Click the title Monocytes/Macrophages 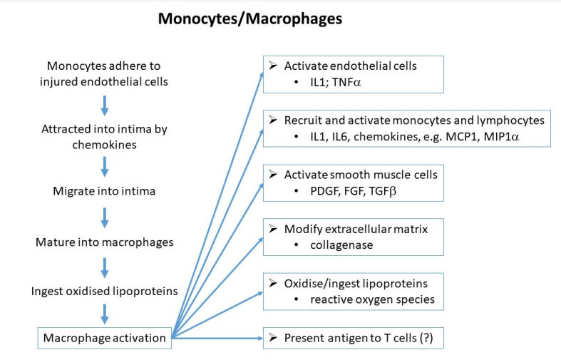point(249,19)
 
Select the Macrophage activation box point(105,338)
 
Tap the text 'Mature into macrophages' point(105,242)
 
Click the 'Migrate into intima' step point(105,191)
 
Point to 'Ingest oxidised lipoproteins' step point(105,291)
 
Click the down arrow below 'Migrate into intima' point(105,216)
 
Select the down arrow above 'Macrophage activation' point(105,314)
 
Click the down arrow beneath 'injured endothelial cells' point(105,106)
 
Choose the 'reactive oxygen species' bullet point(372,299)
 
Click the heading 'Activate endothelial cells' point(350,66)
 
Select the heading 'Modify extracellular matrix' point(355,229)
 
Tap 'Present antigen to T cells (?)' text point(354,338)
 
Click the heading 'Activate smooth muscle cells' point(361,175)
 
